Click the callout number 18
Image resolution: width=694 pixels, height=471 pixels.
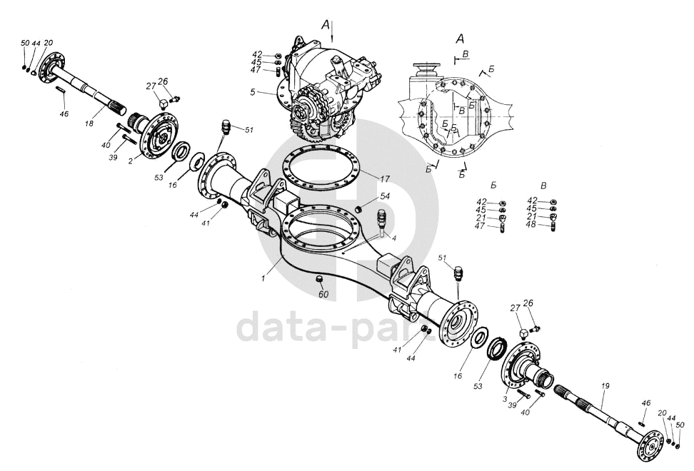(x=89, y=123)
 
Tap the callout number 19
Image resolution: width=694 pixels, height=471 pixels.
(x=605, y=386)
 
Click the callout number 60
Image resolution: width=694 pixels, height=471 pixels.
(x=323, y=294)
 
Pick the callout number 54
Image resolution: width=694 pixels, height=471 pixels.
(x=385, y=196)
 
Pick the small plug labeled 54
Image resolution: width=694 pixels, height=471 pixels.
(x=363, y=208)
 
